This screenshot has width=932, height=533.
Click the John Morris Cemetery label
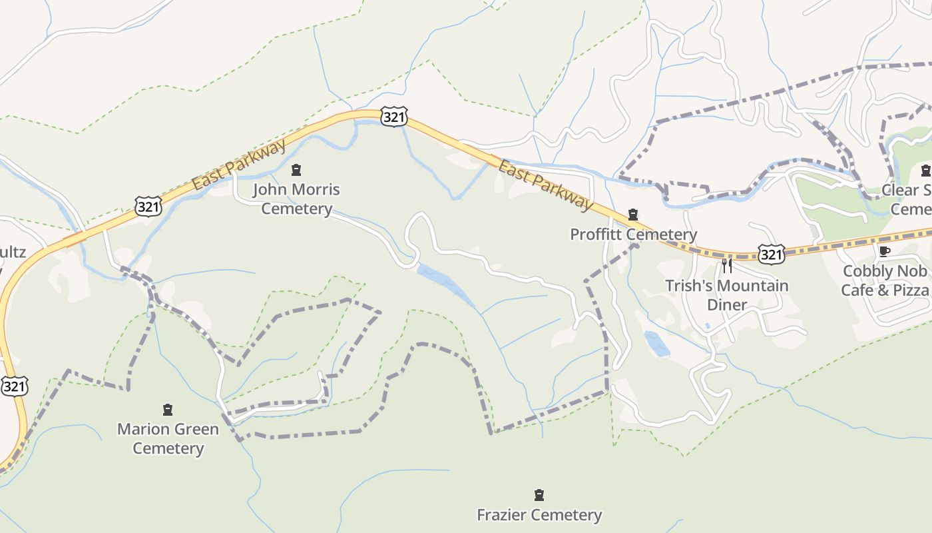tap(296, 199)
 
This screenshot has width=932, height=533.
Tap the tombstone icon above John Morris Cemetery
tap(296, 170)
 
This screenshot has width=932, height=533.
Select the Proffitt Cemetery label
tap(633, 235)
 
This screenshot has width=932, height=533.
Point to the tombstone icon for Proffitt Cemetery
tap(633, 215)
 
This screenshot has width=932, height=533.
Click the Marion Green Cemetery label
tap(168, 438)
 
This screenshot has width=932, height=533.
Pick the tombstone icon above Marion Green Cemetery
tap(168, 409)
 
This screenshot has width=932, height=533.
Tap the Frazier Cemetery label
tap(539, 515)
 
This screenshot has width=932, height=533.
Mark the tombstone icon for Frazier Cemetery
tap(539, 495)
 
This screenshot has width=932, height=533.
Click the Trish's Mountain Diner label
tap(727, 295)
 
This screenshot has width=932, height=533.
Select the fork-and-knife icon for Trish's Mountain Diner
tap(727, 266)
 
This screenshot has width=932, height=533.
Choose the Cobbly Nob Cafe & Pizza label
tap(885, 280)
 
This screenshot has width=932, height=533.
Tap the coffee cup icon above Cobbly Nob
tap(884, 251)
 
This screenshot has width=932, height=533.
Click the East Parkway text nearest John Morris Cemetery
tap(239, 164)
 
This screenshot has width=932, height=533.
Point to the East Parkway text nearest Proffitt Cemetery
tap(545, 185)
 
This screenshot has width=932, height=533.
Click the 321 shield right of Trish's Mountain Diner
tap(771, 253)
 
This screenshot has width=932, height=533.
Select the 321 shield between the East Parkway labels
tap(394, 117)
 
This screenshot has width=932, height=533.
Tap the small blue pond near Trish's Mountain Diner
tap(657, 344)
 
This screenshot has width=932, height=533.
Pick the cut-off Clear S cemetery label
tap(906, 199)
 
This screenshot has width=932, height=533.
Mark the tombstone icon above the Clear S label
tap(925, 171)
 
